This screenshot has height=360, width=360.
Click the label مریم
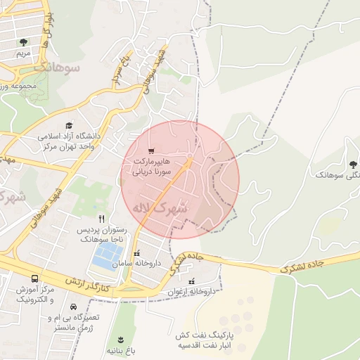25,53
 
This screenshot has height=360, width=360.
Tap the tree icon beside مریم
25,43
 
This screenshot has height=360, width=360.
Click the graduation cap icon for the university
69,125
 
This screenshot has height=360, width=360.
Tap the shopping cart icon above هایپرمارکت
151,151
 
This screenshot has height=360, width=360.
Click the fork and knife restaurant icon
102,219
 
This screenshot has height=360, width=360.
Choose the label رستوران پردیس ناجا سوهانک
103,234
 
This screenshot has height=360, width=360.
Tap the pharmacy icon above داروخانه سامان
137,252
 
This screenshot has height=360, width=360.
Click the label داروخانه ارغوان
191,290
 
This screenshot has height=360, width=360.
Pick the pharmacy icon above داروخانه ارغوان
191,281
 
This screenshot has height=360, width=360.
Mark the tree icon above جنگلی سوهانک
353,162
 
